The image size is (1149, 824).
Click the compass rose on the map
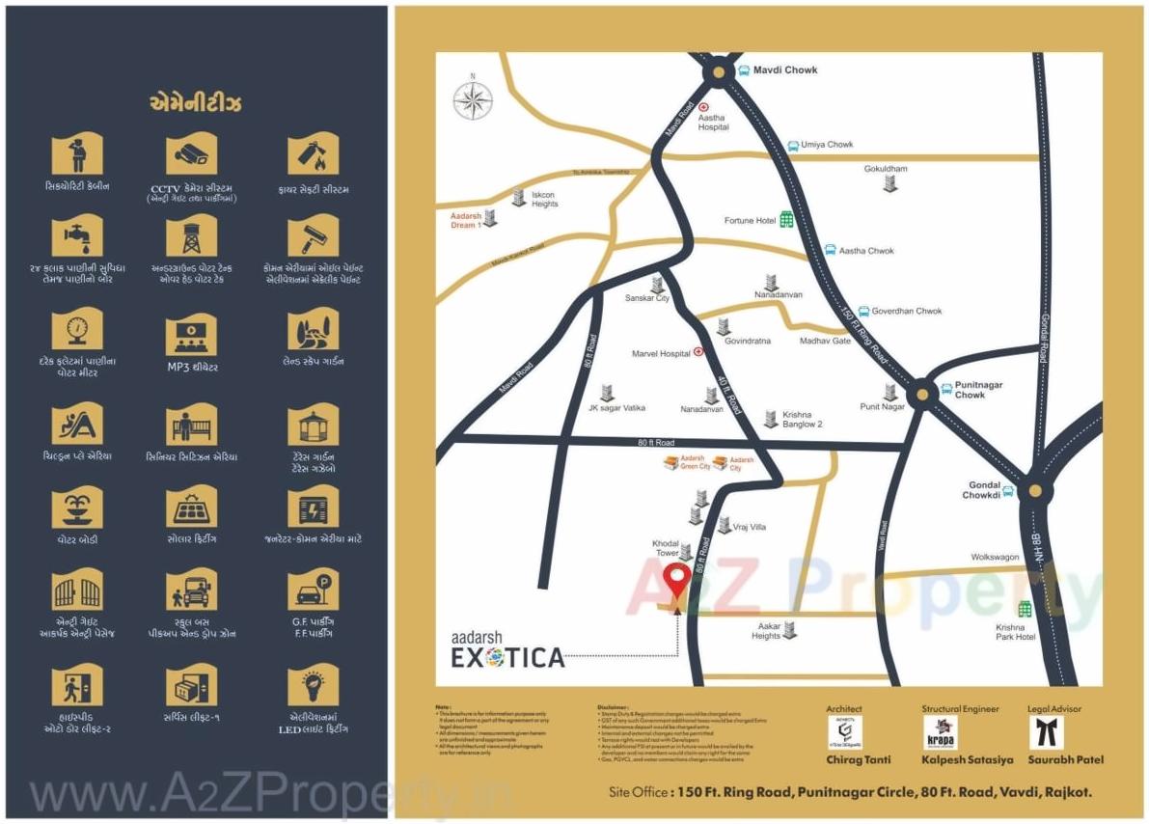pos(473,100)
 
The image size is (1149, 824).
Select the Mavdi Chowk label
pos(785,70)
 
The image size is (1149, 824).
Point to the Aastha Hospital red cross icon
pos(704,107)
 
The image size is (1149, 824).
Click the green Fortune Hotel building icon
pos(786,220)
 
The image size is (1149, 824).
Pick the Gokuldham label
pos(886,169)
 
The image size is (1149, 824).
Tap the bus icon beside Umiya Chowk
pos(792,146)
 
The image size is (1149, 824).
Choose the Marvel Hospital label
pos(661,354)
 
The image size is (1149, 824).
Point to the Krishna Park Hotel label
pos(1016,632)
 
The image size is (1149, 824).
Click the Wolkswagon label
pos(995,558)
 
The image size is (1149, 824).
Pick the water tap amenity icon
pos(77,234)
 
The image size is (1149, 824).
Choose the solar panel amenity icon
pos(192,507)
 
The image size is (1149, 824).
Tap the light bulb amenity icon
pos(313,686)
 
